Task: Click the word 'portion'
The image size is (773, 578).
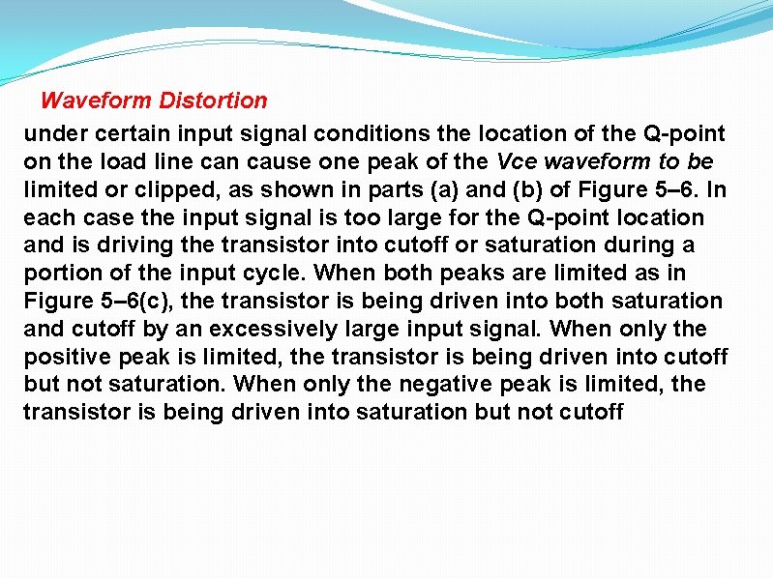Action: [x=56, y=273]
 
